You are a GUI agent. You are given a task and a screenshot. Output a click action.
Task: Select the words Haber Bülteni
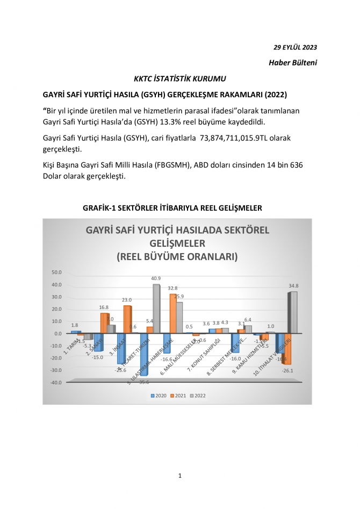pos(293,63)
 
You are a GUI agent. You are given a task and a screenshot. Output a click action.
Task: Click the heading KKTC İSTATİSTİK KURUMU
pos(179,79)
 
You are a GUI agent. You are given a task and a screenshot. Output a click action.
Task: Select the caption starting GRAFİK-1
pos(179,207)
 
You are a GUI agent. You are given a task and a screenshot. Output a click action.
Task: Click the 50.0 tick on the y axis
pos(55,273)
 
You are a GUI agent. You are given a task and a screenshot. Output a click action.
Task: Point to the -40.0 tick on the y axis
pos(55,383)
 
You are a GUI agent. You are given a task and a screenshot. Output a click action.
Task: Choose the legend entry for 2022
pos(199,396)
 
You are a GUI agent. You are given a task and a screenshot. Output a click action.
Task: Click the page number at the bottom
pos(180,476)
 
